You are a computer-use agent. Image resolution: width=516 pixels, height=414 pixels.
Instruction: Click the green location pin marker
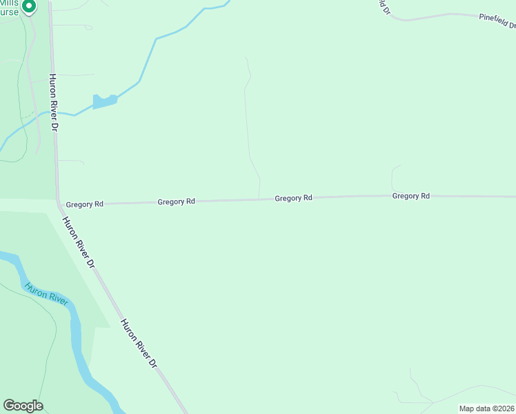[x=28, y=7]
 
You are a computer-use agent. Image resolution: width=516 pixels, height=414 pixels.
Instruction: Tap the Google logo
[x=23, y=406]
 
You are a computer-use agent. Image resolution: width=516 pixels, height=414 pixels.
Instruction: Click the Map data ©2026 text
[x=486, y=408]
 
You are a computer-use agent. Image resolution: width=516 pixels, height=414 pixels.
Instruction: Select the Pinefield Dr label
[x=497, y=21]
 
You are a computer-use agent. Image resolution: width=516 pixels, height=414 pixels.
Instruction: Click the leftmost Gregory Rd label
[x=85, y=204]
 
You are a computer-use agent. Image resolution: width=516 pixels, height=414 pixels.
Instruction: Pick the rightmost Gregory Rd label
[x=411, y=196]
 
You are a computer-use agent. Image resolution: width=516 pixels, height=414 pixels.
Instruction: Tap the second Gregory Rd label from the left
[x=177, y=201]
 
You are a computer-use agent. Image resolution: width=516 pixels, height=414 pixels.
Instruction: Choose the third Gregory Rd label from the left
[x=294, y=198]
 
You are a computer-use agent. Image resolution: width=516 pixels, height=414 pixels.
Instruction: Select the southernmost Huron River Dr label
[x=139, y=343]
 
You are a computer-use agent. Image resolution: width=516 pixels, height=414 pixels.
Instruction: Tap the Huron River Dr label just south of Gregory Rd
[x=78, y=243]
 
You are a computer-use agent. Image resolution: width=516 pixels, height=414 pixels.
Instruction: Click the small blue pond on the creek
[x=104, y=102]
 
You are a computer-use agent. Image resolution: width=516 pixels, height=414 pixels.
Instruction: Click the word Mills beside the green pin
[x=10, y=3]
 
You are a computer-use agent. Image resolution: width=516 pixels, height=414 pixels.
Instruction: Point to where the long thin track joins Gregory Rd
[x=259, y=199]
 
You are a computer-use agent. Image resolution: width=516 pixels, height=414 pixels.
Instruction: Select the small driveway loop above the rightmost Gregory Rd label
[x=394, y=178]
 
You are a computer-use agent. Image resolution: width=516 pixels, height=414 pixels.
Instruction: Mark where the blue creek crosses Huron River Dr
[x=54, y=112]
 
